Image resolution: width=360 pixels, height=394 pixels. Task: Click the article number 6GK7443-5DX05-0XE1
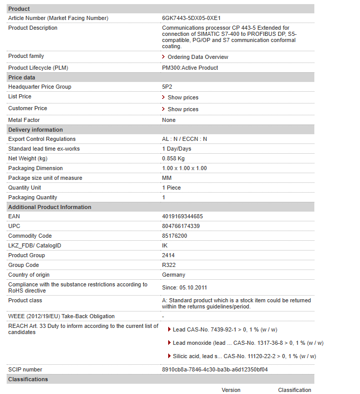click(191, 18)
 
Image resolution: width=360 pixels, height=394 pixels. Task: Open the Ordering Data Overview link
click(197, 57)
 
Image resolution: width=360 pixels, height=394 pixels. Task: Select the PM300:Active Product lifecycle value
click(190, 68)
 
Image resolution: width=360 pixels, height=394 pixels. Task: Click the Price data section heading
click(22, 77)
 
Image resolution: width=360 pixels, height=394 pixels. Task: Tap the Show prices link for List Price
click(183, 97)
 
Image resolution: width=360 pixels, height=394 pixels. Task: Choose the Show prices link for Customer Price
click(183, 109)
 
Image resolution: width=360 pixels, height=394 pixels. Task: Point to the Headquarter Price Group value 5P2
click(168, 87)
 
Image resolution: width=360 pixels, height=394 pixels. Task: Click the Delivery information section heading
click(35, 130)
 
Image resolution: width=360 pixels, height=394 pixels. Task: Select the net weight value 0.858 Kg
click(173, 158)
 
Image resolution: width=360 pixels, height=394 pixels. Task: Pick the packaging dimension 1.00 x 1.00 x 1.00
click(184, 168)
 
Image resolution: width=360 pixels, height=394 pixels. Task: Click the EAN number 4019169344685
click(182, 216)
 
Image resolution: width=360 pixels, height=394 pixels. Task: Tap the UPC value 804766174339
click(181, 226)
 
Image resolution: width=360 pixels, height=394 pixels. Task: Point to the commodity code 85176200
click(174, 236)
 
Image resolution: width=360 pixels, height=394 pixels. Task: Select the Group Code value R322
click(169, 265)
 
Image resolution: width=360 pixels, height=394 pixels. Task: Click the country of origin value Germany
click(173, 275)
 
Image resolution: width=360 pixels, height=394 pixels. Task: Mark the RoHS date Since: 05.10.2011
click(185, 287)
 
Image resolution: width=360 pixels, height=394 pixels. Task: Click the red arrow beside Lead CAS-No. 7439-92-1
click(170, 329)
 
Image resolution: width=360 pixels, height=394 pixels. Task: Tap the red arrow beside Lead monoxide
click(170, 343)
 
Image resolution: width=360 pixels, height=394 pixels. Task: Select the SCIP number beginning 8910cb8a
click(215, 369)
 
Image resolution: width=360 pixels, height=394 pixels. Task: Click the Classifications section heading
click(28, 379)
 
